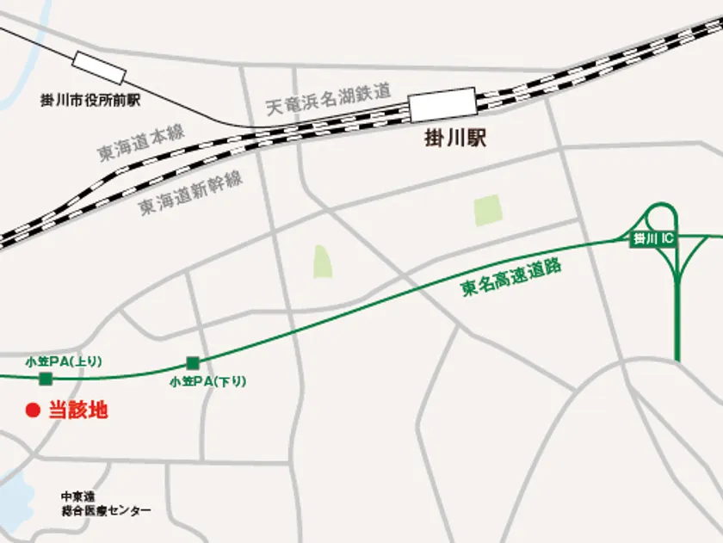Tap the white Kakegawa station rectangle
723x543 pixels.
point(442,105)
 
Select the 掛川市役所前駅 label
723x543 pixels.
point(90,101)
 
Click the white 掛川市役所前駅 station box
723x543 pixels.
point(99,67)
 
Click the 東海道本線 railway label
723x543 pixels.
point(142,142)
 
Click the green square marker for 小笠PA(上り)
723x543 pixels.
point(46,379)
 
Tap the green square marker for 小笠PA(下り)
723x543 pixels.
point(192,362)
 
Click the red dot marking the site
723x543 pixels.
point(33,411)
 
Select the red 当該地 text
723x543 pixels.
point(77,410)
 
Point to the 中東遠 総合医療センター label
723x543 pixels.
point(106,503)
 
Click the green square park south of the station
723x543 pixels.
point(487,211)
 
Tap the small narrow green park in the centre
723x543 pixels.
point(322,262)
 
